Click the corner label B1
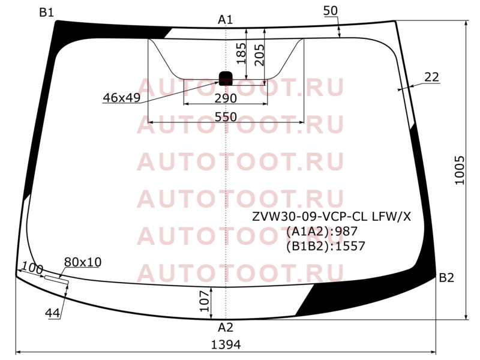coord(47,13)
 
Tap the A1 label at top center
coord(226,20)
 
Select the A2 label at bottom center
coord(226,328)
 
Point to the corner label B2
coord(446,278)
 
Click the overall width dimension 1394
coord(226,345)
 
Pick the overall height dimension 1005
coord(460,170)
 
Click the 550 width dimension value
coord(226,117)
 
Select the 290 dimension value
coord(226,98)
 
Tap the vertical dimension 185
coord(241,53)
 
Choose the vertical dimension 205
coord(259,55)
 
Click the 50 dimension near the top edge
coord(331,11)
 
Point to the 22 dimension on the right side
coord(431,77)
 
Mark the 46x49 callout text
coord(122,98)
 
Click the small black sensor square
coord(226,79)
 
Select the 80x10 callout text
coord(83,262)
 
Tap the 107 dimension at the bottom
coord(205,301)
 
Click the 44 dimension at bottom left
coord(52,313)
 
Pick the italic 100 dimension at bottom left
coord(32,268)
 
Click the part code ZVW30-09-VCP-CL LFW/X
coord(332,217)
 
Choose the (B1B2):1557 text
coord(326,246)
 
